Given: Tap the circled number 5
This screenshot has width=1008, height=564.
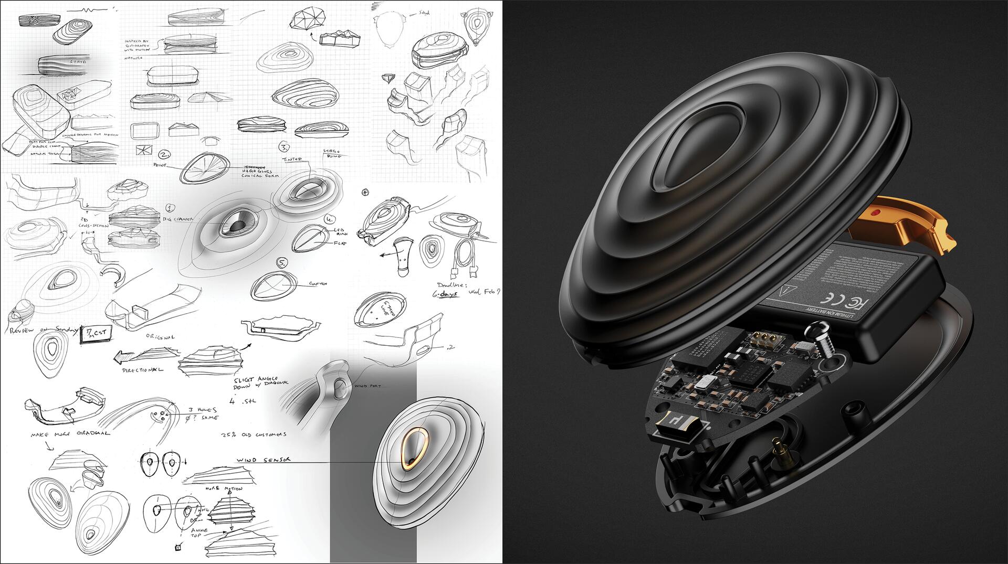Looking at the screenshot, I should coord(282,262).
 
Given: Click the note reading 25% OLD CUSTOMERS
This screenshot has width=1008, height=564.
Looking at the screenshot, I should coord(254,435).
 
